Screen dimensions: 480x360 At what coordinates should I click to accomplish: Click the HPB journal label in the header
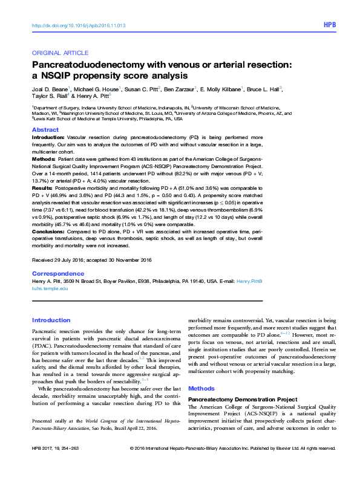click(329, 25)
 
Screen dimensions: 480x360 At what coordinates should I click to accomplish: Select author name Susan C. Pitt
click(142, 89)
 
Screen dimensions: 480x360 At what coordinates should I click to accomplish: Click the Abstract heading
click(45, 130)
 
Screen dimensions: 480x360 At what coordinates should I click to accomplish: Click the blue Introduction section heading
click(51, 320)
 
